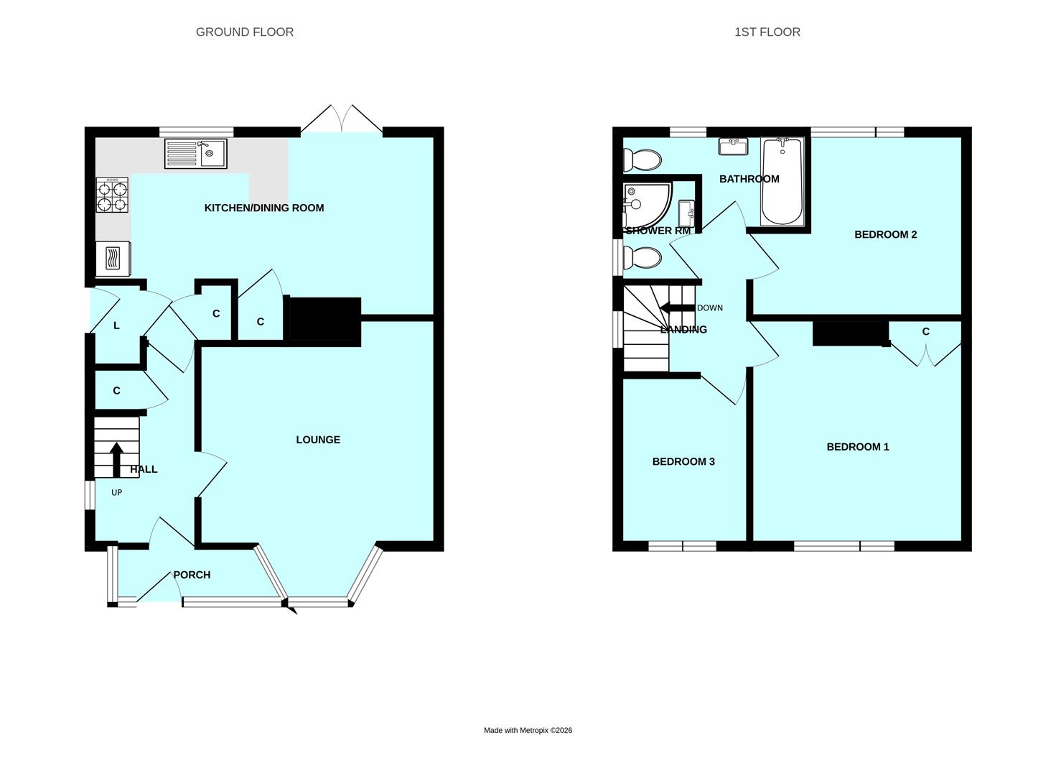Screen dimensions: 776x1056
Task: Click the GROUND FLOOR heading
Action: tap(244, 32)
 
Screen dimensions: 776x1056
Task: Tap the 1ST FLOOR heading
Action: tap(767, 32)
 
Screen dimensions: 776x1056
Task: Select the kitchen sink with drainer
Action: tap(195, 154)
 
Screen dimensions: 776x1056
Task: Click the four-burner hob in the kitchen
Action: tap(113, 195)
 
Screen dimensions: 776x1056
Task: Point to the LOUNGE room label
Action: tap(318, 440)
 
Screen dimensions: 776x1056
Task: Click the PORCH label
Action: tap(192, 575)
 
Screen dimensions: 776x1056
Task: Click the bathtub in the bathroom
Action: tap(782, 182)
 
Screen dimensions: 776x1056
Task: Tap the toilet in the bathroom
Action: tap(641, 160)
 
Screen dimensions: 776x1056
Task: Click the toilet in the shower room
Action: tap(641, 257)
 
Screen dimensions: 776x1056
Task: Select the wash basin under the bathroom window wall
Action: tap(733, 146)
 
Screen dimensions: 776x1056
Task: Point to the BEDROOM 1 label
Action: tap(857, 447)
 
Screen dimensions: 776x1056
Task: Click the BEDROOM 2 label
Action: tap(885, 234)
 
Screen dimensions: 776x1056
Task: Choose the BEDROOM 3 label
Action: tap(683, 461)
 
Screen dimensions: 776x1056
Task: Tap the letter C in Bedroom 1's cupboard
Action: tap(925, 331)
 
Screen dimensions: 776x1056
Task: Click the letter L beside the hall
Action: tap(116, 325)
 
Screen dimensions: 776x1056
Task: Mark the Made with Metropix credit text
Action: tap(528, 730)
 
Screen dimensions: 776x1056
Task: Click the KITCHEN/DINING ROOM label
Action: tap(264, 208)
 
